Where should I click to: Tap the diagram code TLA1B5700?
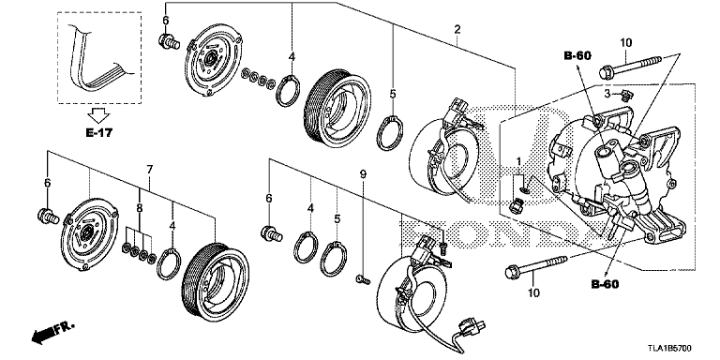tap(681, 345)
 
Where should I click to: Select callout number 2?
tap(457, 31)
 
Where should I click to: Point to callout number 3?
tap(607, 93)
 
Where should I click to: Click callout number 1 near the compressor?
tap(518, 162)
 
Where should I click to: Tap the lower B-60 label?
tap(607, 282)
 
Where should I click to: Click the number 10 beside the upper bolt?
tap(626, 43)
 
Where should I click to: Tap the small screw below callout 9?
tap(362, 278)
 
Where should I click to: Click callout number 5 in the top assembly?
tap(394, 93)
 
